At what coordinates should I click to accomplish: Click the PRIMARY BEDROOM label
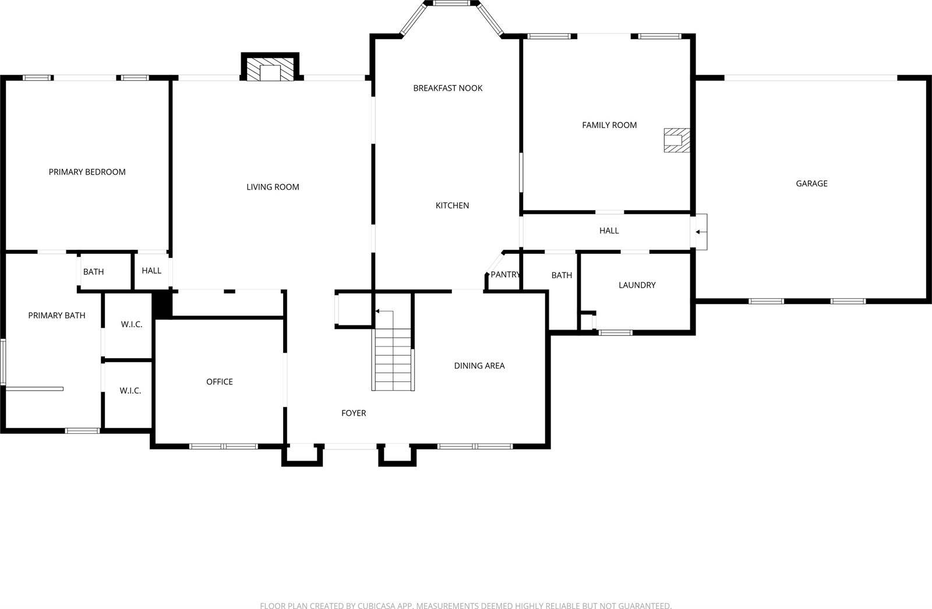coord(87,172)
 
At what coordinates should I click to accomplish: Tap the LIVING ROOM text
coord(273,187)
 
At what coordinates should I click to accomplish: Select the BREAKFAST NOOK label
coord(447,88)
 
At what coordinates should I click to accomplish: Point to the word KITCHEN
coord(452,206)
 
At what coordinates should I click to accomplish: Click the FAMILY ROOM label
coord(609,125)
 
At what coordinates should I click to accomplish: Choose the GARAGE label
coord(811,183)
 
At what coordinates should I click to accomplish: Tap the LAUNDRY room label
coord(637,285)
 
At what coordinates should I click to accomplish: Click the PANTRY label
coord(504,274)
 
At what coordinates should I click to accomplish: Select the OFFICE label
coord(220,381)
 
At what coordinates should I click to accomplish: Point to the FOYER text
coord(354,413)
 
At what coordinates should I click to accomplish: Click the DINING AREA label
coord(479,366)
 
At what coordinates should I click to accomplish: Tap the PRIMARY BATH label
coord(57,316)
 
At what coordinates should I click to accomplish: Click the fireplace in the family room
coord(676,140)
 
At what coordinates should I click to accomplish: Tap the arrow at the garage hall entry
coord(698,232)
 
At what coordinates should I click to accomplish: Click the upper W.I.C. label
coord(132,324)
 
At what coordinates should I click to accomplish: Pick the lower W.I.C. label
coord(130,391)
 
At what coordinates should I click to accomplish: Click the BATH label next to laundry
coord(562,275)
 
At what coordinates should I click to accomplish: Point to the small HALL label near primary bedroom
coord(151,271)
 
